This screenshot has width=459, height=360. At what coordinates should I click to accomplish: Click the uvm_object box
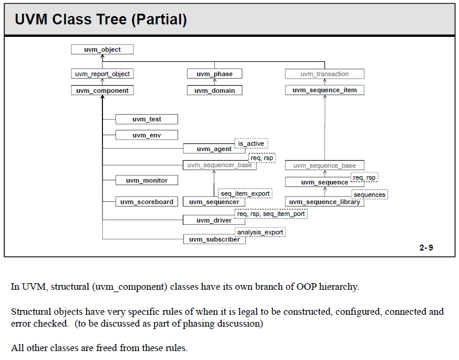[x=102, y=49]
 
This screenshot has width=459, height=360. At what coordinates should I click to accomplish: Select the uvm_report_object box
[x=102, y=74]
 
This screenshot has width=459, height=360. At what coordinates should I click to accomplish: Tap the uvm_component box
[x=102, y=90]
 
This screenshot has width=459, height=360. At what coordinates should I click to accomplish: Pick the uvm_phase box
[x=214, y=74]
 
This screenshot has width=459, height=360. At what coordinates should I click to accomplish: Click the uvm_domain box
[x=214, y=90]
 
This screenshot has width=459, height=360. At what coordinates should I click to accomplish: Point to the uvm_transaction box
[x=324, y=74]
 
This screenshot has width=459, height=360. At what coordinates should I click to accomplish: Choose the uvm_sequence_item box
[x=324, y=90]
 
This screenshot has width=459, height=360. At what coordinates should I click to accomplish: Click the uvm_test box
[x=146, y=120]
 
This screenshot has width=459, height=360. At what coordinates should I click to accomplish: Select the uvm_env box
[x=146, y=135]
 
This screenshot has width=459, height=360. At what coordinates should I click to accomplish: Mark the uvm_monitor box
[x=146, y=180]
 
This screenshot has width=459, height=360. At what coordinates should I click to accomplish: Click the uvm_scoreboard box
[x=146, y=202]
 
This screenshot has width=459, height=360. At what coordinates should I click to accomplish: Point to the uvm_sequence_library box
[x=324, y=202]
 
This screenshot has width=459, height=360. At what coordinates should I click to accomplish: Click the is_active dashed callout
[x=251, y=143]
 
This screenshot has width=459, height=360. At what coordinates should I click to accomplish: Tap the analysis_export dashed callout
[x=260, y=232]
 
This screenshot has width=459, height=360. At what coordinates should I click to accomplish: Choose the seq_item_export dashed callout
[x=245, y=193]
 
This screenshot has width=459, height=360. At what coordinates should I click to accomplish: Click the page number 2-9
[x=426, y=248]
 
